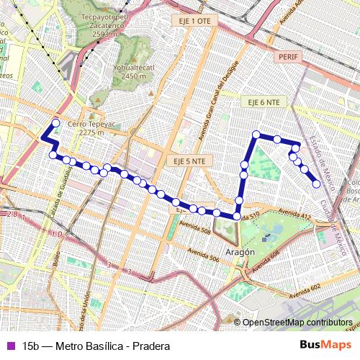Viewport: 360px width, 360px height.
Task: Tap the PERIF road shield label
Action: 287,55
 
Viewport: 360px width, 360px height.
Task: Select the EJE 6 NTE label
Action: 263,102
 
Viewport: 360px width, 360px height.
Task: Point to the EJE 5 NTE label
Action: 189,161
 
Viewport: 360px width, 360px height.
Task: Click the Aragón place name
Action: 240,253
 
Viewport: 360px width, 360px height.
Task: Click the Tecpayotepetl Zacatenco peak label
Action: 109,27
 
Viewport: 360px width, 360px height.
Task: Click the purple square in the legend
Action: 9,346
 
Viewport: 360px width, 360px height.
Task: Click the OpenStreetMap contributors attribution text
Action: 297,323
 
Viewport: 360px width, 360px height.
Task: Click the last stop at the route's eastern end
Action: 316,184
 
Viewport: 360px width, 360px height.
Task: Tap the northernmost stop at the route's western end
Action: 56,123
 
